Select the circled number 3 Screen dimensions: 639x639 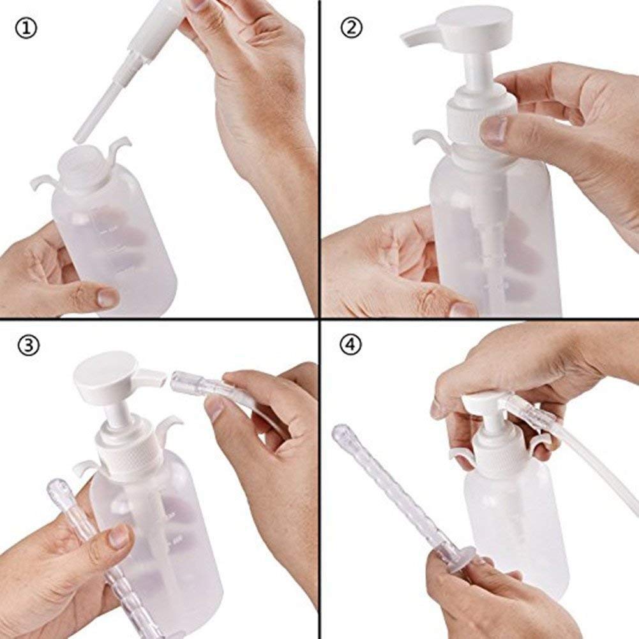pos(25,345)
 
